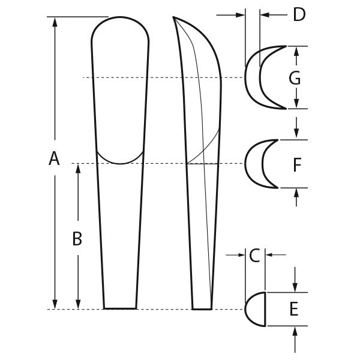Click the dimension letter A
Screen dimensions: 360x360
click(54, 159)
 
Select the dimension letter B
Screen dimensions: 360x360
click(77, 239)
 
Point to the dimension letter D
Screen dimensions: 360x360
click(299, 14)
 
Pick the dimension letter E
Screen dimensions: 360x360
click(294, 309)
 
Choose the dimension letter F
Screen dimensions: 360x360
click(296, 164)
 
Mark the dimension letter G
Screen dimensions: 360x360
click(294, 78)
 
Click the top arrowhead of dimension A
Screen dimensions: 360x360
click(55, 22)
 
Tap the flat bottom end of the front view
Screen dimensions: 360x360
click(120, 308)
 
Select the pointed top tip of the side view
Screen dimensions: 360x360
click(174, 17)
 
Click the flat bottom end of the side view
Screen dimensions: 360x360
click(202, 309)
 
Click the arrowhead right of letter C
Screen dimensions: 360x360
click(268, 256)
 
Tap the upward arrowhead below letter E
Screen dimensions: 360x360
click(295, 331)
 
